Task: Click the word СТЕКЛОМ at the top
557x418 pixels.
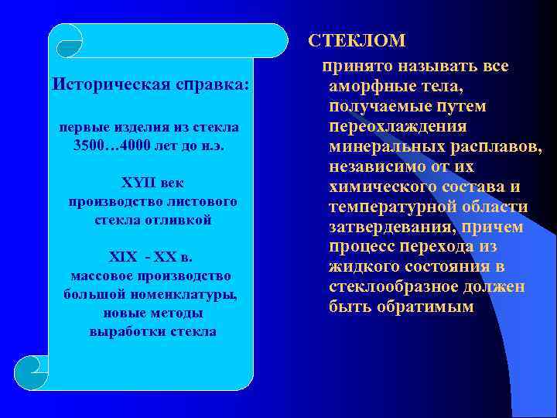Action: (x=357, y=39)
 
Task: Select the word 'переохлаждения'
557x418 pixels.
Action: (x=398, y=126)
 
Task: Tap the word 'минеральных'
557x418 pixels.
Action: (x=378, y=146)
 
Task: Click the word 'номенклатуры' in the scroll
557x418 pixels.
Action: (x=193, y=294)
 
